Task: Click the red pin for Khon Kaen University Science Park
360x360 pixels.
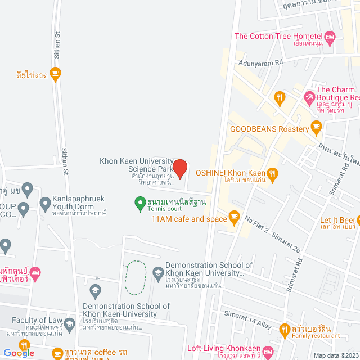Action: [x=179, y=168]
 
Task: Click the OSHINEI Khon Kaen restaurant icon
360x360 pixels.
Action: [x=272, y=173]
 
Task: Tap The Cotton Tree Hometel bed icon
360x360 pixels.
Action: [x=330, y=37]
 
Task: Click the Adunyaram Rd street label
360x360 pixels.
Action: [x=259, y=64]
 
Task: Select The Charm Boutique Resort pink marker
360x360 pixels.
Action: [x=309, y=98]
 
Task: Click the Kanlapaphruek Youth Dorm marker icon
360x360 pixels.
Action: [x=46, y=202]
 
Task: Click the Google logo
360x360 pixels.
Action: [x=19, y=353]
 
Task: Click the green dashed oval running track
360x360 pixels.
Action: [x=135, y=278]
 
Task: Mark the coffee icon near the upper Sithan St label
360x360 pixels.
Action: [x=55, y=73]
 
